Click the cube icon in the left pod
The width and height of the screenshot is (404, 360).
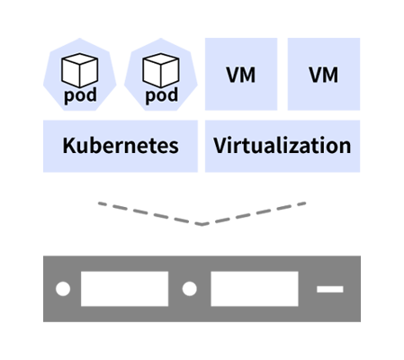point(79,70)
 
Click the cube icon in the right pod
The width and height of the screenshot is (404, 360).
point(161,70)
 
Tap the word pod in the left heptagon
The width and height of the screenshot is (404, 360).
point(80,95)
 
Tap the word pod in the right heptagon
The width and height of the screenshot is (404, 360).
point(162,95)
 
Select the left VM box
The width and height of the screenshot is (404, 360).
point(241,74)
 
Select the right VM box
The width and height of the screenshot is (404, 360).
point(324,74)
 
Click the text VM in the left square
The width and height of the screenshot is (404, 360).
point(241,75)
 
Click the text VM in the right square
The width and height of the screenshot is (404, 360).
point(324,75)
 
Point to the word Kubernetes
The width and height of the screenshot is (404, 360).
point(121,146)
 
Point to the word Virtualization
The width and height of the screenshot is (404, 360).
point(283,145)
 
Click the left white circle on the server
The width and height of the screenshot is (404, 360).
point(63,289)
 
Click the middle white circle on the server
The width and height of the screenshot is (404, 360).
point(190,289)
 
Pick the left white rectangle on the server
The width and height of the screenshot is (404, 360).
point(124,289)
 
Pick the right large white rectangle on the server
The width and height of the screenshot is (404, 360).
point(255,289)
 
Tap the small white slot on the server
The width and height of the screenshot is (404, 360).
point(330,289)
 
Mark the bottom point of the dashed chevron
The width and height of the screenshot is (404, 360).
point(202,224)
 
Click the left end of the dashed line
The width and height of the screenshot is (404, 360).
point(99,203)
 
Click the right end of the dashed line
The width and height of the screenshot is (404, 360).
point(305,203)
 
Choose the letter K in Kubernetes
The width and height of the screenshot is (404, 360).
point(69,145)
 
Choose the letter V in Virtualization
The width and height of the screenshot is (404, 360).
point(220,145)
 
